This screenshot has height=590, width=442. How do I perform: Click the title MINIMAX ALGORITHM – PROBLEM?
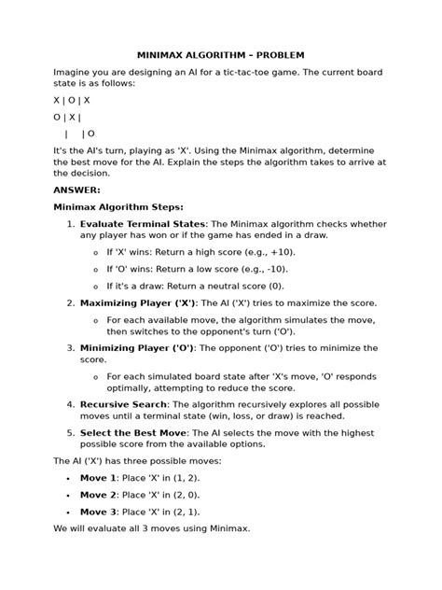point(221,54)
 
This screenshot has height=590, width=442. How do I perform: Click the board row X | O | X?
point(72,100)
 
